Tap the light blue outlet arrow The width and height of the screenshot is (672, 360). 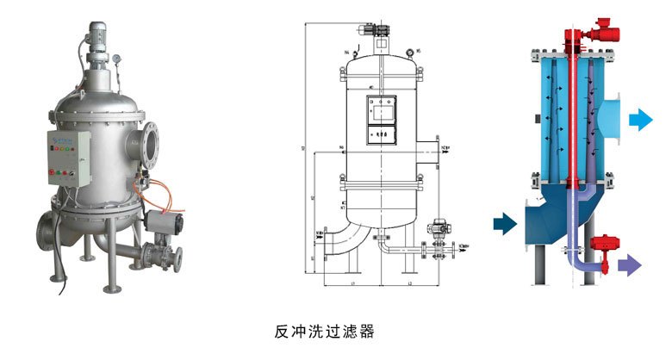pos(640,119)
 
